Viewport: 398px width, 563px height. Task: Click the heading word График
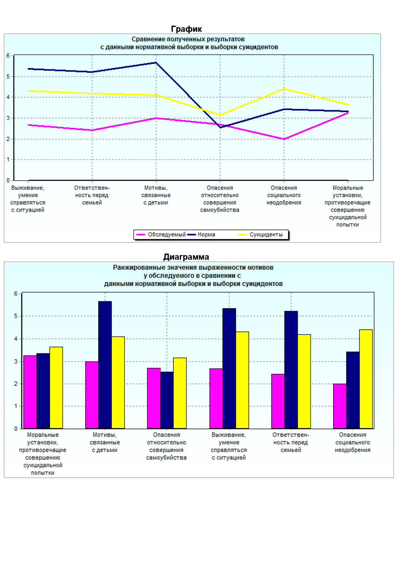(x=186, y=29)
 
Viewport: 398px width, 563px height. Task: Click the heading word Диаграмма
(x=186, y=257)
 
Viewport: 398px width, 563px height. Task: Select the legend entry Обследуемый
(x=167, y=235)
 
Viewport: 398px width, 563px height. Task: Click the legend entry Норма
(x=206, y=235)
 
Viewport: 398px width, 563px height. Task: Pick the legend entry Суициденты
(x=266, y=235)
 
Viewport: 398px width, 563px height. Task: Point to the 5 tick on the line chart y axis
(x=8, y=76)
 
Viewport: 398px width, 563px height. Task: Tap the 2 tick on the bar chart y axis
(x=15, y=384)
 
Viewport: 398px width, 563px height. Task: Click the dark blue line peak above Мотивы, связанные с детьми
(x=156, y=63)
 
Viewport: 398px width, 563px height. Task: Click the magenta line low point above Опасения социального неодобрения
(x=284, y=139)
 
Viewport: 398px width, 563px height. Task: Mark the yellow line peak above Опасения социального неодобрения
(x=284, y=89)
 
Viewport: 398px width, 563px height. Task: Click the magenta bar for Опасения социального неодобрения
(x=340, y=406)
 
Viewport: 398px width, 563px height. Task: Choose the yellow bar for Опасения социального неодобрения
(x=366, y=379)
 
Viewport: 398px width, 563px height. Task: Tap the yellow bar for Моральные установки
(x=56, y=387)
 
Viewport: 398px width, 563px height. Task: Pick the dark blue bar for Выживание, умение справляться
(x=229, y=368)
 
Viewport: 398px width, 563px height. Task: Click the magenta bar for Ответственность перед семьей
(x=278, y=401)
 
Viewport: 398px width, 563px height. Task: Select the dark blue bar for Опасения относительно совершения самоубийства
(x=167, y=400)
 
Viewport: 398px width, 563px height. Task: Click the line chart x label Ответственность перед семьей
(x=92, y=195)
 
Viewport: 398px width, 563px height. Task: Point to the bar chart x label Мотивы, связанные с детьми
(x=105, y=442)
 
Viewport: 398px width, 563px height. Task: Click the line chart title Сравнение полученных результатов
(x=188, y=39)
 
